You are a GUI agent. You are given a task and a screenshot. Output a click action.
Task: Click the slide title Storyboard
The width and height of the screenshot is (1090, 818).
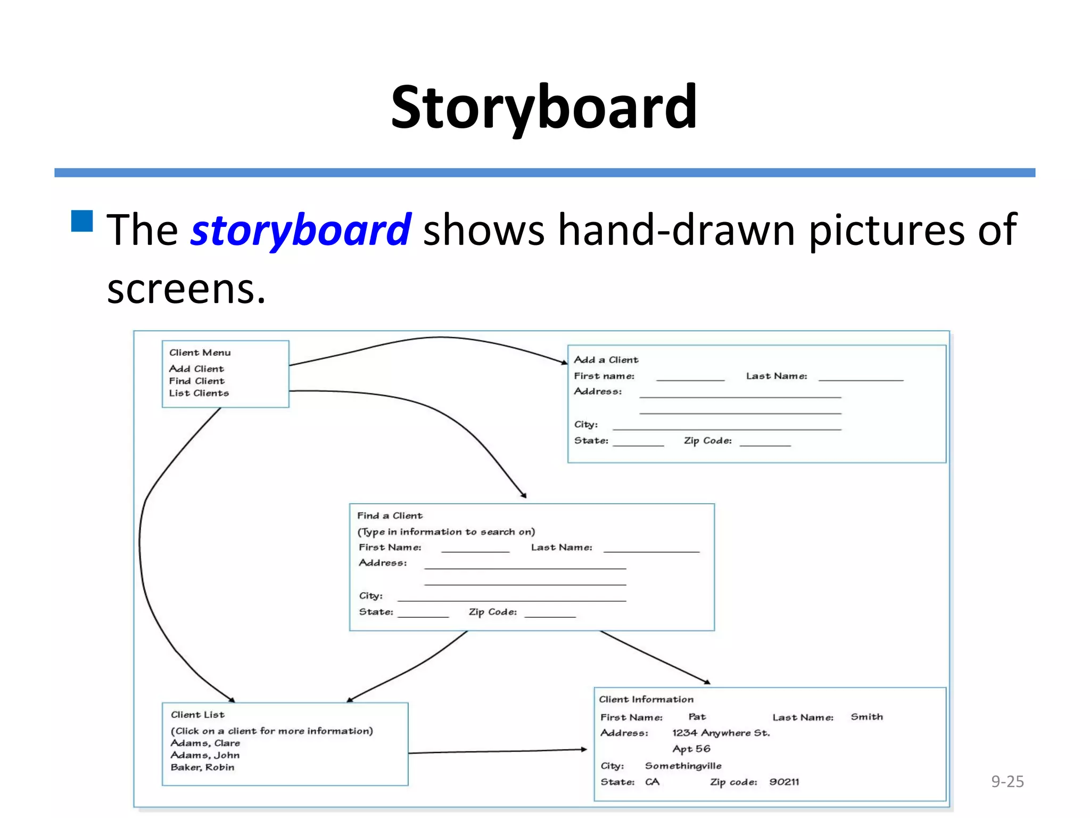click(544, 108)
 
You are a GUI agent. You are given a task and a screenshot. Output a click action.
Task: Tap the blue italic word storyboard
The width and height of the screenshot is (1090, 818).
click(301, 230)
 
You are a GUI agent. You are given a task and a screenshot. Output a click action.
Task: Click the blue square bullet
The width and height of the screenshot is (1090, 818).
click(82, 221)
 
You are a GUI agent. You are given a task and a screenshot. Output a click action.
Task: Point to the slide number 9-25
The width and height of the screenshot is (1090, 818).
click(1007, 781)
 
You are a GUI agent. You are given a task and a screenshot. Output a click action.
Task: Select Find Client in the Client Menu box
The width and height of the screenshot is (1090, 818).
click(197, 381)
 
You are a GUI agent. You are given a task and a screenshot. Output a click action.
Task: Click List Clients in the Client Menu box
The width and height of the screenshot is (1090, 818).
click(199, 393)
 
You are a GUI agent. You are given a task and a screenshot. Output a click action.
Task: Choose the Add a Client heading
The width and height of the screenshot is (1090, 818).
click(606, 360)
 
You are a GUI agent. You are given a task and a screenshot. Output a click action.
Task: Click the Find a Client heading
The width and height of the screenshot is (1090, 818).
click(390, 516)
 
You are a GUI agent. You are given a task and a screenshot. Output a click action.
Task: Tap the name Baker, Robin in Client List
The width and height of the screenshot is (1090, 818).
click(202, 767)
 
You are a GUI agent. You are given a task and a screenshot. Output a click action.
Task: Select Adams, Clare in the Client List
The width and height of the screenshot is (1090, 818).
click(205, 743)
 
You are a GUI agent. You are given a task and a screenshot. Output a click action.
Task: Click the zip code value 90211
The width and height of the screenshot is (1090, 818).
click(784, 782)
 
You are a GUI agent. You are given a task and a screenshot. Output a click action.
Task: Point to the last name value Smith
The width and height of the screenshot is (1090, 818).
click(866, 717)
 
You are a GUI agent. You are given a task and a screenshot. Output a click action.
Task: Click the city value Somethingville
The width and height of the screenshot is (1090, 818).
click(683, 766)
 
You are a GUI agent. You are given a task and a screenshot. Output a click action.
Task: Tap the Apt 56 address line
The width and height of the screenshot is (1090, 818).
click(691, 749)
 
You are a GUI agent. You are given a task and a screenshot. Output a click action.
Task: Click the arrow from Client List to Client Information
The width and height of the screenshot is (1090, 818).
click(498, 751)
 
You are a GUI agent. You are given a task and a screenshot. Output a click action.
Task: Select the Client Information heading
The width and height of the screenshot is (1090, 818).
click(646, 699)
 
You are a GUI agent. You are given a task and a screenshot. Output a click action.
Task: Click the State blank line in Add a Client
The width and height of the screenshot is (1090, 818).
click(638, 444)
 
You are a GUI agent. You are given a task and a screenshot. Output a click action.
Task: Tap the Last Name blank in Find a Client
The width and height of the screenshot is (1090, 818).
click(651, 550)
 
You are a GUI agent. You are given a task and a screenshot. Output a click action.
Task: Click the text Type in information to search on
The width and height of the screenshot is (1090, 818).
click(446, 531)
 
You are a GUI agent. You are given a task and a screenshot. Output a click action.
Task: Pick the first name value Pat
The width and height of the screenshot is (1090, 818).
click(697, 717)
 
